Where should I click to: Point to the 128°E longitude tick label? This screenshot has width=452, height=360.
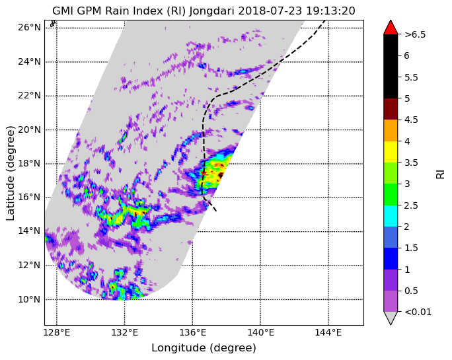pos(57,333)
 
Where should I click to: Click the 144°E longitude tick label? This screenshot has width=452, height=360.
pos(328,333)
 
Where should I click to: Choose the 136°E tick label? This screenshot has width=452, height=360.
pos(192,333)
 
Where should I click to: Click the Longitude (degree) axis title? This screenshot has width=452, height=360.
pos(204,348)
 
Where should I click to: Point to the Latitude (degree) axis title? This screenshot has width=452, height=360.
pos(11,173)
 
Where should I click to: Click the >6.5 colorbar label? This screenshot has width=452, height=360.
pos(415,34)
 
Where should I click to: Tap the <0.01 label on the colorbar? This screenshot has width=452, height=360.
pos(418,312)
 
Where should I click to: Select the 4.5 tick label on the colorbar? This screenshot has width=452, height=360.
pos(411,120)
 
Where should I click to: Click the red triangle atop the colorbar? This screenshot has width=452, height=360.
pos(391,28)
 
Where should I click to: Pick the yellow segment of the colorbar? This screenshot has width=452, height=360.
pos(391,152)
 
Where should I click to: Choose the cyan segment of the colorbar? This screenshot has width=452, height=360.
pos(391,216)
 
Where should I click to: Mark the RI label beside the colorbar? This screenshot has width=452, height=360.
pos(441,174)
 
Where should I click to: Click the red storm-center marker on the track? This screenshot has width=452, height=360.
pos(204,173)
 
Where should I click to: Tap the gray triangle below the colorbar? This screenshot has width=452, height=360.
pos(391,317)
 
